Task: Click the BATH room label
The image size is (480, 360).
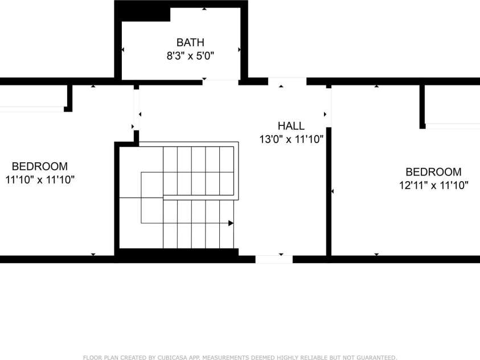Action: (x=190, y=42)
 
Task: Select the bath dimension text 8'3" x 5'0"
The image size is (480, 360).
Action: (x=190, y=56)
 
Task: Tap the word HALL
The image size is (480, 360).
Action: (x=291, y=126)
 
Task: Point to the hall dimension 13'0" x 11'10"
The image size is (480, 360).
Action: (x=291, y=140)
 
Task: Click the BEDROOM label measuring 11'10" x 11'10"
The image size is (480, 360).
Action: (x=40, y=166)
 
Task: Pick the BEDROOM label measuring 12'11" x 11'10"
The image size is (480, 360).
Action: (x=433, y=171)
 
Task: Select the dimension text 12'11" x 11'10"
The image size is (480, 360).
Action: (x=433, y=185)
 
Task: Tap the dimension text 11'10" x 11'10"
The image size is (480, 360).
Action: (x=40, y=179)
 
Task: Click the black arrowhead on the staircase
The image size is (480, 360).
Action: (x=231, y=223)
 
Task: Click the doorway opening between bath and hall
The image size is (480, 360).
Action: (x=220, y=82)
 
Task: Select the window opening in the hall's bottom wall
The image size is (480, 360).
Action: (x=274, y=259)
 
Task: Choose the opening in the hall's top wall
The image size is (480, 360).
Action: (x=287, y=81)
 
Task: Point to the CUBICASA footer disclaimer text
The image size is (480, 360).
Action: (x=240, y=357)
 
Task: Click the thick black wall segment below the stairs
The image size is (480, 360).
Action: (x=179, y=256)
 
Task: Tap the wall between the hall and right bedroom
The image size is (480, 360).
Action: (x=329, y=191)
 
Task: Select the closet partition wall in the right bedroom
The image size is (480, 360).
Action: (x=422, y=107)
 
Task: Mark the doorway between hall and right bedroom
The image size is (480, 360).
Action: (x=329, y=108)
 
